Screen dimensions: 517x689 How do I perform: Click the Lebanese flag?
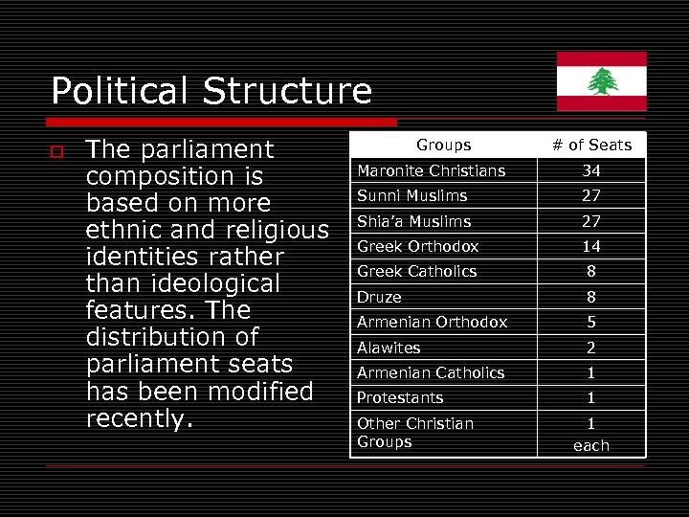pos(602,81)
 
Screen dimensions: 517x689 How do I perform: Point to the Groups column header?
pos(443,145)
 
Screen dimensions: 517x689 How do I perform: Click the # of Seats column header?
pos(591,145)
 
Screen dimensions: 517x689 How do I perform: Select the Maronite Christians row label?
pos(431,170)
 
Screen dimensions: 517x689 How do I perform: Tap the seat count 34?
pos(591,170)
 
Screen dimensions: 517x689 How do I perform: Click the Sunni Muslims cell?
pos(412,195)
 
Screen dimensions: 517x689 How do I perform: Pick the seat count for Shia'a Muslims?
pos(591,221)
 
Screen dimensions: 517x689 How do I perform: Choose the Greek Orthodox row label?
pos(418,246)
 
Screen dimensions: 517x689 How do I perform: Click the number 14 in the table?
pos(591,246)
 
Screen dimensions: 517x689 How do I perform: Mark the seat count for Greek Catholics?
pos(591,271)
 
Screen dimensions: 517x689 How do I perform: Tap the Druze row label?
pos(379,297)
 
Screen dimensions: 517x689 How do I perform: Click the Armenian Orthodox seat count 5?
pos(591,322)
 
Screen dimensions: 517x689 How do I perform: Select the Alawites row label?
pos(389,348)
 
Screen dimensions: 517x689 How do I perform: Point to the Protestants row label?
pos(400,397)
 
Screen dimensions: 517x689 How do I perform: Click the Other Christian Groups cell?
pos(415,432)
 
